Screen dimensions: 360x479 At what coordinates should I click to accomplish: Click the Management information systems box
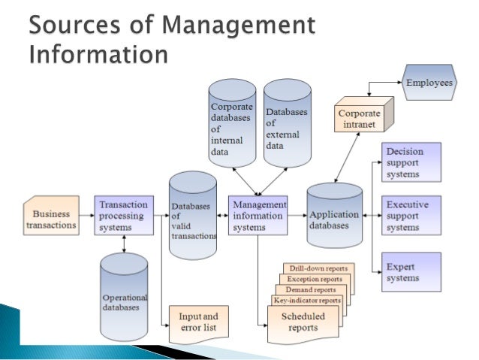pos(258,215)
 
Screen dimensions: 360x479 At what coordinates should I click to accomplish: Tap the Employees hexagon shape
pos(429,83)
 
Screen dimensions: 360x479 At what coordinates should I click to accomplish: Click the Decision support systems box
pos(411,162)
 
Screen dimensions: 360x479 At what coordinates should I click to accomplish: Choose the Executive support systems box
pos(411,215)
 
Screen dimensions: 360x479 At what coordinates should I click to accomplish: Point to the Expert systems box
pos(411,271)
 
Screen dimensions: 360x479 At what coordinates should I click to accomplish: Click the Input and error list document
pos(198,322)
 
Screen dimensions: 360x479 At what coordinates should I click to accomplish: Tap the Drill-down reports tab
pos(319,268)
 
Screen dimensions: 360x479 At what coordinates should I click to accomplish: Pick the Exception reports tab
pos(313,279)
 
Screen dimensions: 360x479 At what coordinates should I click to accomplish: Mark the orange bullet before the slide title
pos(15,26)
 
